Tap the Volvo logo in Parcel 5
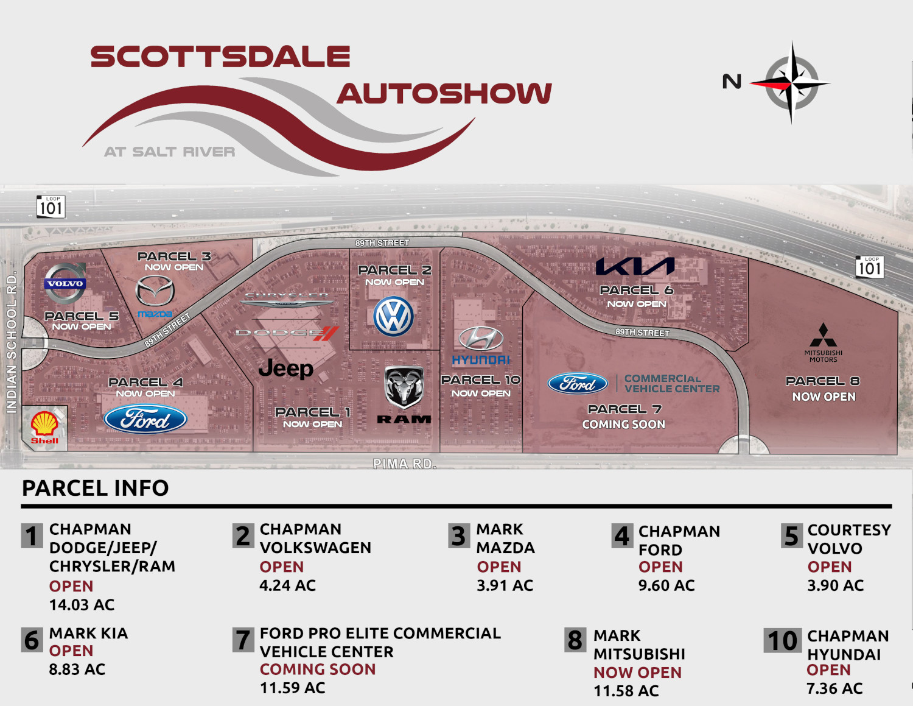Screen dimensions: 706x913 65,284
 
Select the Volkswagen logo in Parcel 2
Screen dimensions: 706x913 394,316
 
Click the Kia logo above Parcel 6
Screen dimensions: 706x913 635,266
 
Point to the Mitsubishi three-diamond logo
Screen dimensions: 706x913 823,336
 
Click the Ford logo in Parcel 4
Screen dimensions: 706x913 145,419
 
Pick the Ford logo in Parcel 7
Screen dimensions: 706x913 578,383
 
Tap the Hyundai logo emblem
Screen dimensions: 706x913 481,339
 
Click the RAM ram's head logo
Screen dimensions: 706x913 404,386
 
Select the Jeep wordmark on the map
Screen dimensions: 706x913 285,369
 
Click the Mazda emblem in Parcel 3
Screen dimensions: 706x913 155,291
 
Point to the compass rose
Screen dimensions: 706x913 791,83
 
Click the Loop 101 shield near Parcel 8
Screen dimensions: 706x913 869,267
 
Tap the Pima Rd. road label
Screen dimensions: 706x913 405,464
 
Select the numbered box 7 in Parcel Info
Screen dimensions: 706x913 243,640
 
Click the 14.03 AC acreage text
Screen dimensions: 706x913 82,605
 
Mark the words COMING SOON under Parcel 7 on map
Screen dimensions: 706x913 623,425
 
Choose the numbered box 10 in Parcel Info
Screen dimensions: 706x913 782,641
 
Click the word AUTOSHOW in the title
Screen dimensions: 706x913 444,94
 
